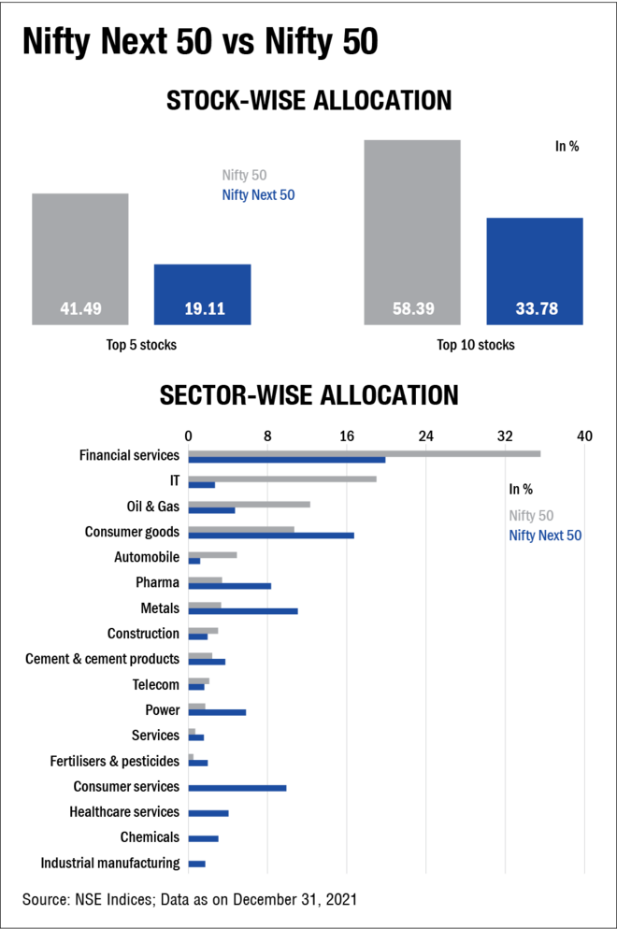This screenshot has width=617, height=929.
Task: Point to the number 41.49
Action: [81, 308]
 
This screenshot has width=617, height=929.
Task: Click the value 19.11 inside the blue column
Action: [205, 308]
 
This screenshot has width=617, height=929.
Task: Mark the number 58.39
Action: [413, 308]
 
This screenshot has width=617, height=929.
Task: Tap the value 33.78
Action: [537, 308]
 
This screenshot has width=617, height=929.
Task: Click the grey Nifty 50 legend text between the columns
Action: [245, 175]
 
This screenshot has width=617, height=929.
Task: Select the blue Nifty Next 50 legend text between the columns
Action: [259, 194]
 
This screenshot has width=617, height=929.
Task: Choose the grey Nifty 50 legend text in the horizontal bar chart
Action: [531, 515]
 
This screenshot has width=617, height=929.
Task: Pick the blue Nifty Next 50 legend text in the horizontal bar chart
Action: [545, 535]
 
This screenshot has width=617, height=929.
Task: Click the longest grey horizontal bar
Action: [365, 453]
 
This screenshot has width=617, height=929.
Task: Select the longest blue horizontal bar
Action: [287, 460]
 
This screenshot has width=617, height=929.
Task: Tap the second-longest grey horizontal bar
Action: [283, 479]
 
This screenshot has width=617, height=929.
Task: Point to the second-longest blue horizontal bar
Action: [272, 536]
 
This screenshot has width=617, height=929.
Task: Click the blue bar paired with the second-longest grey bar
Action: [202, 485]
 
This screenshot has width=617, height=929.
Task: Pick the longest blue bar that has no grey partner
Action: [238, 788]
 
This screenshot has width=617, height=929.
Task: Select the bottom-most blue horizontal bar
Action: [197, 864]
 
